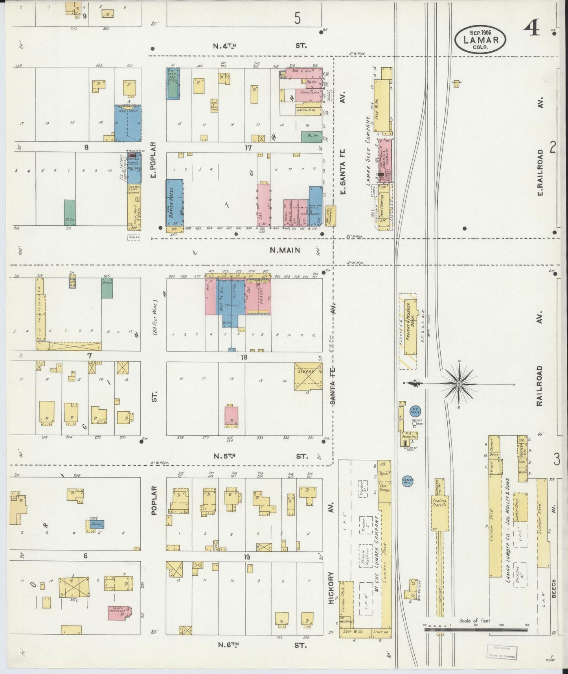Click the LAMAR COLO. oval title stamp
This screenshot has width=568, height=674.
(x=480, y=39)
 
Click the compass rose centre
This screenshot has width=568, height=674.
(x=459, y=383)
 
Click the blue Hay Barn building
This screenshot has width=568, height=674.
(x=128, y=123)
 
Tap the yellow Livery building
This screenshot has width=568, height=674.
(x=308, y=376)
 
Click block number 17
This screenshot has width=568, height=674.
(x=247, y=148)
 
